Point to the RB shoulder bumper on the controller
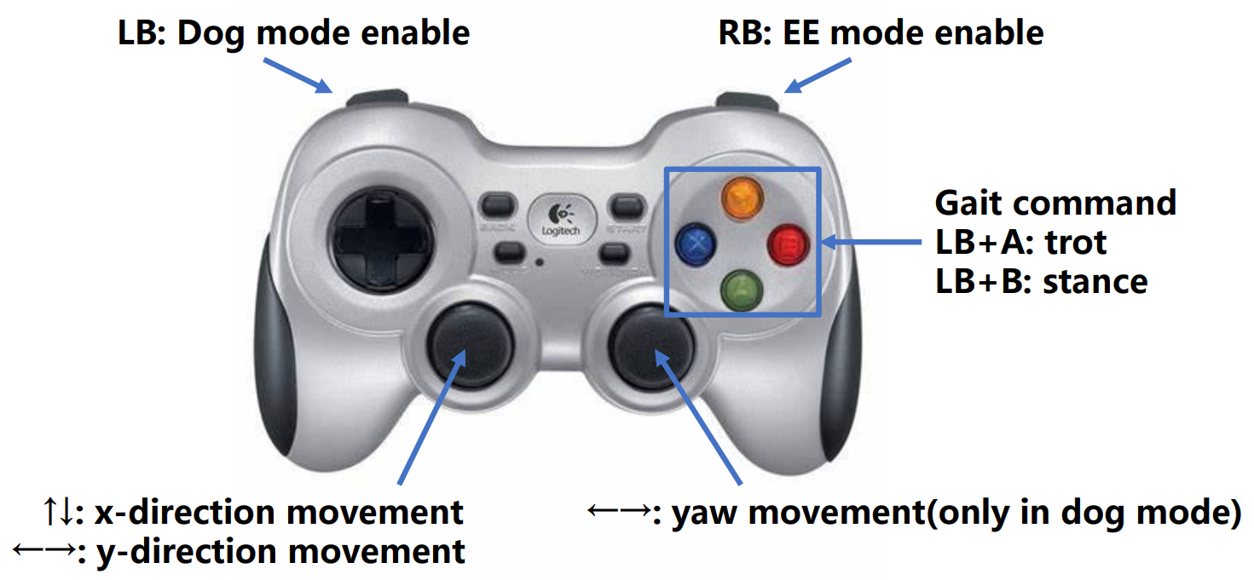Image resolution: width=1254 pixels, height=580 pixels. click(x=747, y=100)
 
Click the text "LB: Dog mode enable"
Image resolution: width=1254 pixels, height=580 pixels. click(x=293, y=33)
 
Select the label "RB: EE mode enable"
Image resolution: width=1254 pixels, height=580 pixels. click(x=881, y=33)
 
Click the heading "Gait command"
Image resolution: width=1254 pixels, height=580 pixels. click(x=1055, y=204)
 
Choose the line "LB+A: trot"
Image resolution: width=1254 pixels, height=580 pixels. click(x=1020, y=243)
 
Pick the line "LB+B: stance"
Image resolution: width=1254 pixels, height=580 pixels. click(x=1041, y=281)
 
